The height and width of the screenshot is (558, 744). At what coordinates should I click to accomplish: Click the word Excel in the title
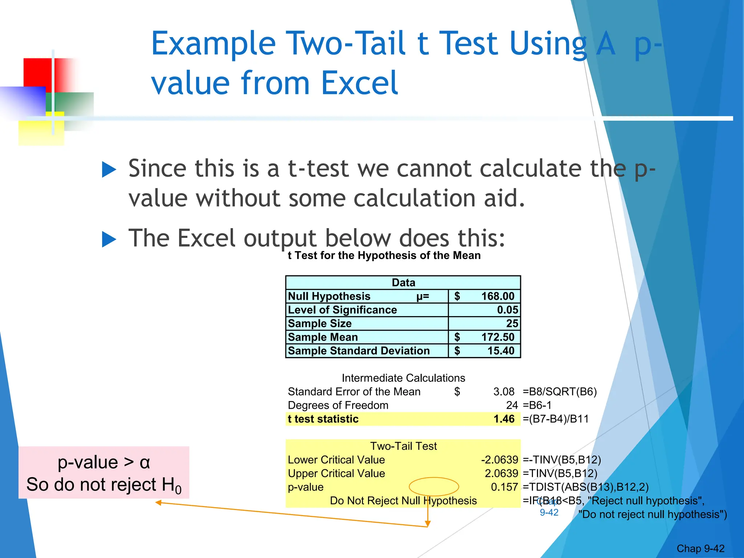(359, 83)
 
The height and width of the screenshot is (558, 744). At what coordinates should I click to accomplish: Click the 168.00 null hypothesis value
(497, 296)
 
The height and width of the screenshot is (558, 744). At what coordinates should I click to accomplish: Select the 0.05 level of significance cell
(507, 310)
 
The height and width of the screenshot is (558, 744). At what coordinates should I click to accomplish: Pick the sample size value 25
(512, 323)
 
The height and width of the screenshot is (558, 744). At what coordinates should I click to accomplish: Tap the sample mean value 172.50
(497, 337)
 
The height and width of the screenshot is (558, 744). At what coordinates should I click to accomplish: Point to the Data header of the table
(403, 283)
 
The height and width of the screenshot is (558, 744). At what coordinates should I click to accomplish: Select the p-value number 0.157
(504, 487)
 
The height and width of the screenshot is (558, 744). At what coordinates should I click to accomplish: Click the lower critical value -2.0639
(499, 460)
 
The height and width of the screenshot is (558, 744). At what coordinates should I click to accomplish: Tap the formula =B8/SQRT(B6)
(559, 392)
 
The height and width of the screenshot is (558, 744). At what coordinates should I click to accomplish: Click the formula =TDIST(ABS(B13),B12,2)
(585, 487)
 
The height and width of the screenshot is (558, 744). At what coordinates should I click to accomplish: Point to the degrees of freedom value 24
(511, 405)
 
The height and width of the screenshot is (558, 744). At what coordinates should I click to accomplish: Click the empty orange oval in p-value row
(434, 487)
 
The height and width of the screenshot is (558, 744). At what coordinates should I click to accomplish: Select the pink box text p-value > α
(104, 462)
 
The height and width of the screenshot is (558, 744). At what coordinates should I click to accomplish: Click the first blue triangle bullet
(109, 170)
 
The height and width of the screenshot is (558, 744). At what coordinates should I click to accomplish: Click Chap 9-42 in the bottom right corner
(700, 549)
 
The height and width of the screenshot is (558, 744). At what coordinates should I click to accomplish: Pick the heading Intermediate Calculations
(403, 378)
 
